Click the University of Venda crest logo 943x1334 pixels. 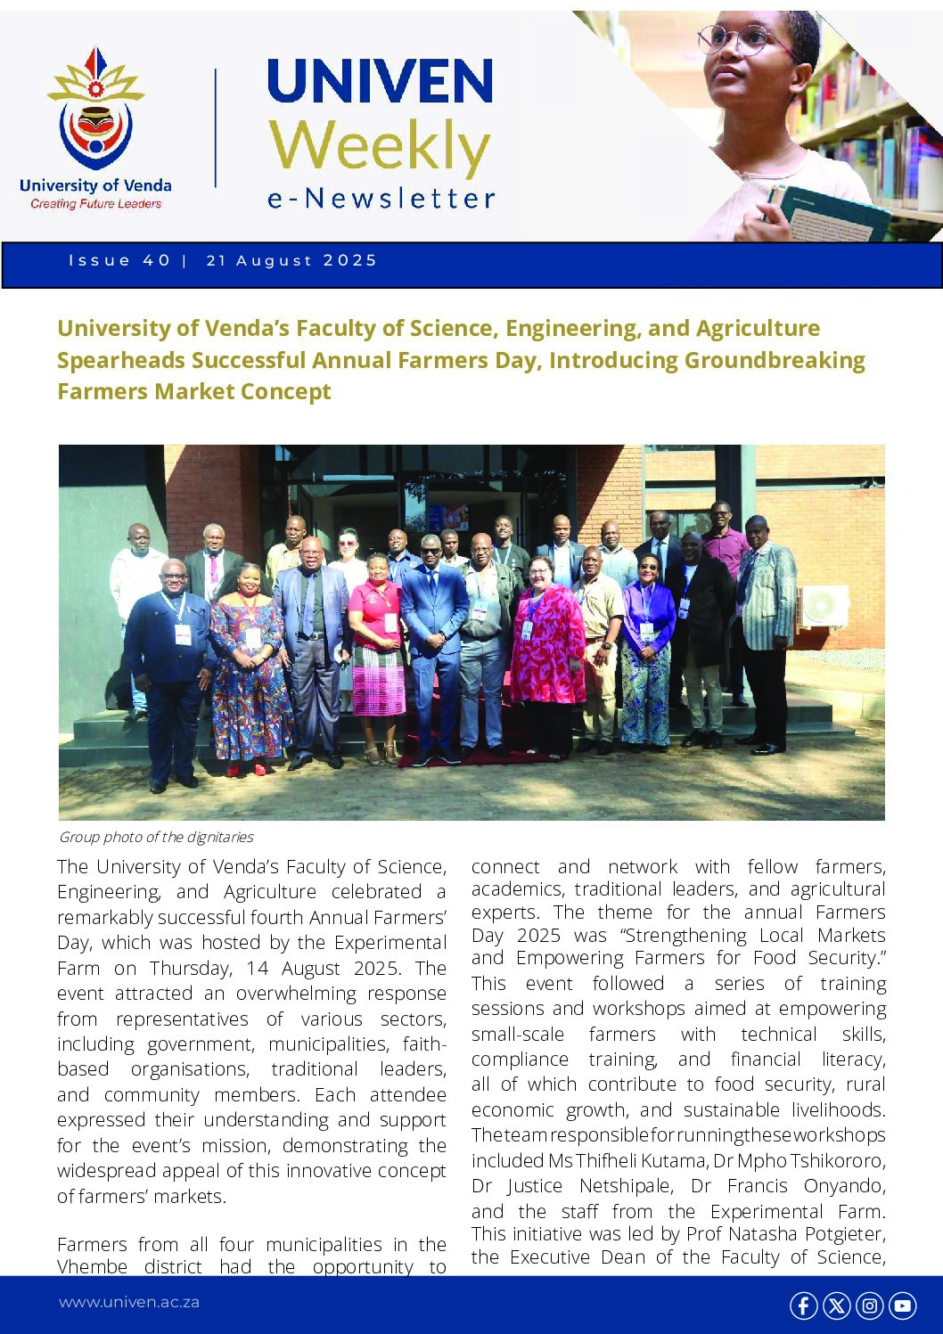pos(95,111)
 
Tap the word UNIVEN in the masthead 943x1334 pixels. pos(380,81)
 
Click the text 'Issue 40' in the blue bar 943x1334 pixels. pos(119,261)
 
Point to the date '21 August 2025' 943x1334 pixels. pos(291,261)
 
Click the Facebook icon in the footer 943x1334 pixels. pos(803,1305)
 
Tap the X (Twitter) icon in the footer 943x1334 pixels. pos(836,1305)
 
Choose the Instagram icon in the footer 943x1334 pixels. pos(869,1305)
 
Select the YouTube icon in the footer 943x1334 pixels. pos(902,1305)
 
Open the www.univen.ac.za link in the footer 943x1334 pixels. pos(129,1303)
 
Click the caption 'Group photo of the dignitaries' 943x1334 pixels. pos(156,838)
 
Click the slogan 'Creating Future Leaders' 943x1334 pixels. pos(95,204)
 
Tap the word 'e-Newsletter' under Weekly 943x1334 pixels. pos(381,199)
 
